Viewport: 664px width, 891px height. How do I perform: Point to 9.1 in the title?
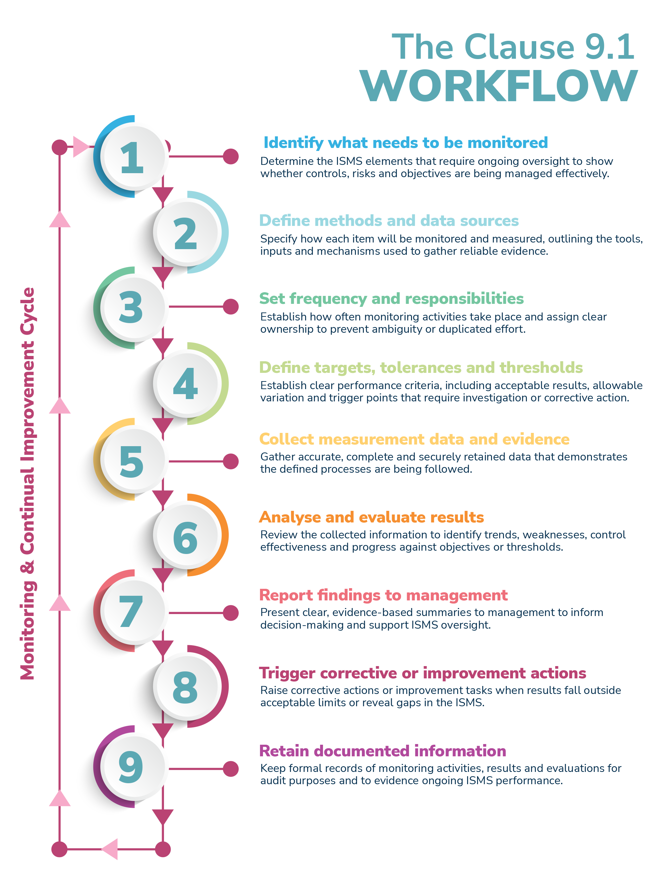coord(609,47)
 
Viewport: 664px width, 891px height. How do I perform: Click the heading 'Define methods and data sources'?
coord(389,221)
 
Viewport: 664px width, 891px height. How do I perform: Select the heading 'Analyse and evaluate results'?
coord(372,517)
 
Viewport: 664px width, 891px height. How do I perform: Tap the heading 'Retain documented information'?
coord(382,751)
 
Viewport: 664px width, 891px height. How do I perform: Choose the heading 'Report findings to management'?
coord(383,595)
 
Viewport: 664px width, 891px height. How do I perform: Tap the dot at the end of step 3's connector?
coord(231,307)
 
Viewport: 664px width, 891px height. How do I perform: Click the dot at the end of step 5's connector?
coord(231,461)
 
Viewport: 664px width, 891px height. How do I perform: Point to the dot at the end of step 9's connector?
coord(231,769)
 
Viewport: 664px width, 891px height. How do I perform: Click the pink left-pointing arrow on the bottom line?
coord(110,849)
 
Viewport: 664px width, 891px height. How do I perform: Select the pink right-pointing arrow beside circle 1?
coord(81,147)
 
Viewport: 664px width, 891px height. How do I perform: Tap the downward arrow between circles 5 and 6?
coord(163,498)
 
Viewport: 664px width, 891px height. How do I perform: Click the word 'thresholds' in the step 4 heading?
coord(541,368)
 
